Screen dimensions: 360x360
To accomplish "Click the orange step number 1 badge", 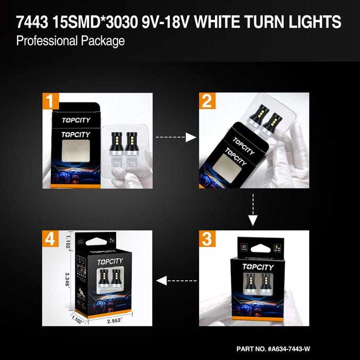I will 50,101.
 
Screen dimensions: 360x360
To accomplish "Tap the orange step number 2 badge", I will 207,101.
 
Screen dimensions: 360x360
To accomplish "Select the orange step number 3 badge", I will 207,239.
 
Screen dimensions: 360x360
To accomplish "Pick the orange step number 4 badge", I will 50,239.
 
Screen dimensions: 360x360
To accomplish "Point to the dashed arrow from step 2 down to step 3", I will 252,210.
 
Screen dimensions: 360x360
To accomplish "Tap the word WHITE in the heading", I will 233,22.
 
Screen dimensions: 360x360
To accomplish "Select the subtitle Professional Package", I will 70,41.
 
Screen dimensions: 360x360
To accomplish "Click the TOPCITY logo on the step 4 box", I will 108,261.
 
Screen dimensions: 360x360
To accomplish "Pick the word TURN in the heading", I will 279,22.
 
